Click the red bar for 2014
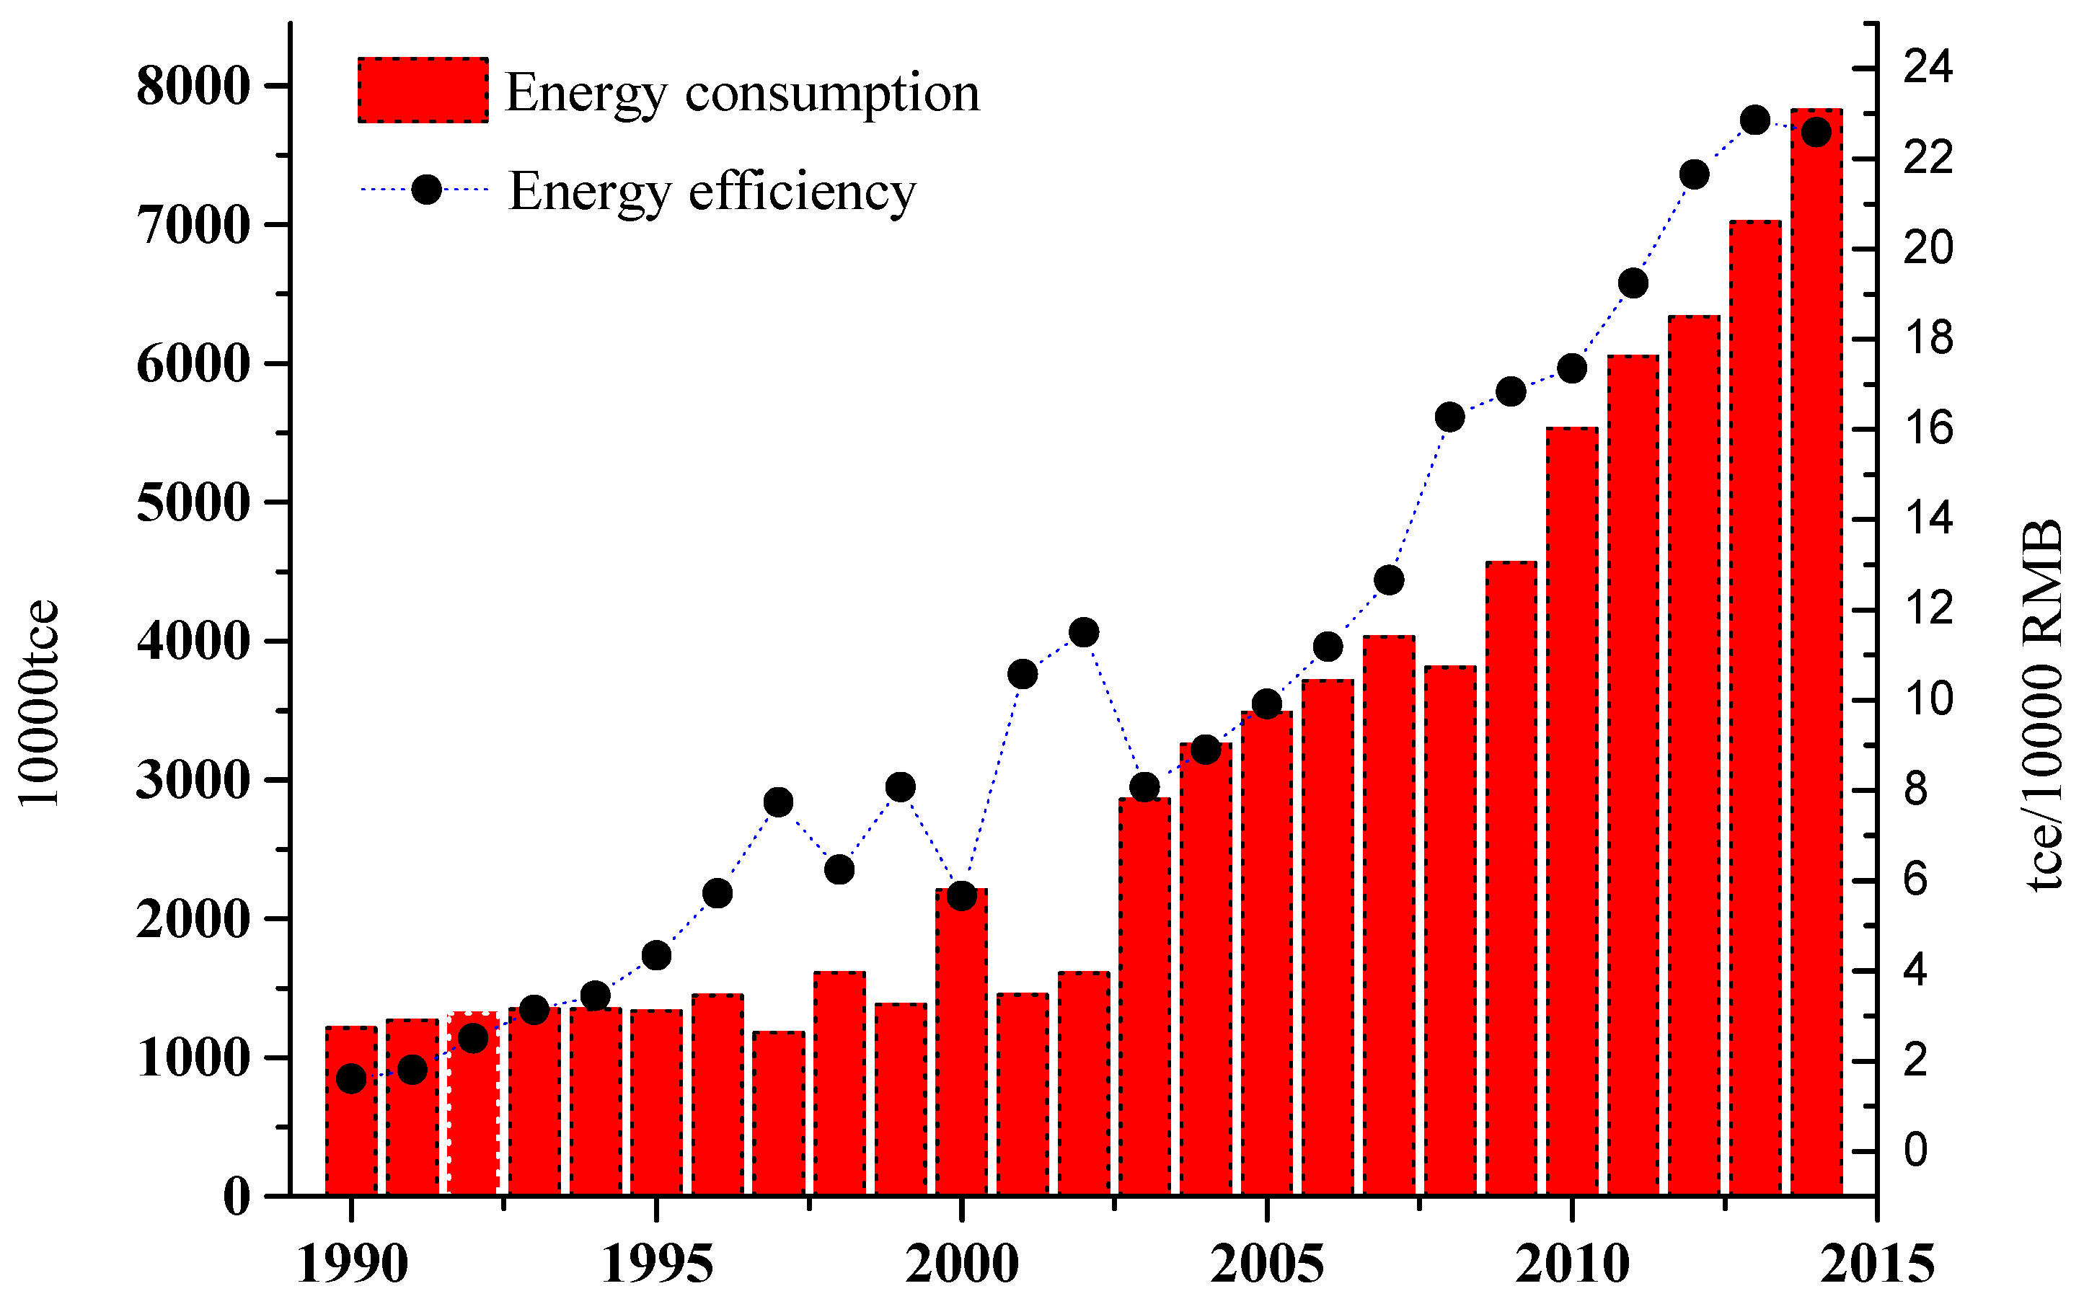(1816, 655)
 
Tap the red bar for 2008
(1450, 931)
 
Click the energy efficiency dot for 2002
(1083, 633)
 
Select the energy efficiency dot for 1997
(778, 803)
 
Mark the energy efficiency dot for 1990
(351, 1079)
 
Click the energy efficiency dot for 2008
(1450, 418)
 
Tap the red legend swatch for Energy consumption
(423, 91)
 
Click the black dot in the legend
(426, 189)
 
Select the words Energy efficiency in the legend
(712, 192)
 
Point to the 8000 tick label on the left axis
(193, 87)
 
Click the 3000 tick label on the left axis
(193, 781)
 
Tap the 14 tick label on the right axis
(1927, 518)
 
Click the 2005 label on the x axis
(1266, 1265)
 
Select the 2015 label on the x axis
(1877, 1265)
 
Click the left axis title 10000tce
(39, 703)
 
